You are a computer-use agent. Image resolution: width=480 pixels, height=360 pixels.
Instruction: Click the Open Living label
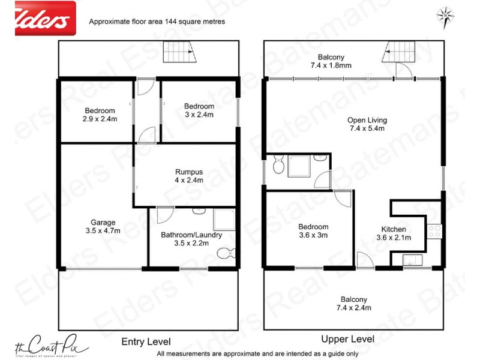366,124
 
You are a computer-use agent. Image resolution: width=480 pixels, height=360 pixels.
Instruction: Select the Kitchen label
394,233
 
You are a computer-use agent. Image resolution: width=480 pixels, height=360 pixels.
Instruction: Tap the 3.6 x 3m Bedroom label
313,231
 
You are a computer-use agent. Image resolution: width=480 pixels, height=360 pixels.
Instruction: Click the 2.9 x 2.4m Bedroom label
100,115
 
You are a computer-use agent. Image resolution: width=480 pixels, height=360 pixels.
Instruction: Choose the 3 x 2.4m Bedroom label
199,110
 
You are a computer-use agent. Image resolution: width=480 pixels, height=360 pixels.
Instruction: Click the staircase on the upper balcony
398,55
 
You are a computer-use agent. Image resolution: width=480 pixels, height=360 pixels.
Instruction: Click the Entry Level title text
146,341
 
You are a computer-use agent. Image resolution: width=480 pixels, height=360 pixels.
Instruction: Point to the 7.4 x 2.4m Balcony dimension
353,308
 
